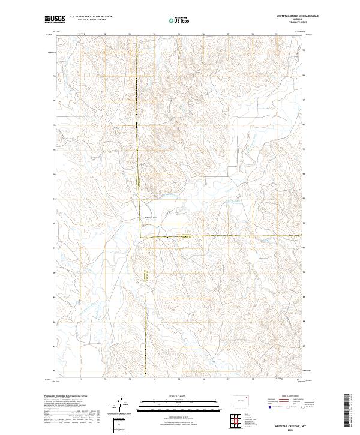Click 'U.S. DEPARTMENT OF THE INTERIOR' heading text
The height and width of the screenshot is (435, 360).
91,17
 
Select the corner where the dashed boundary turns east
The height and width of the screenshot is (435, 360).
142,238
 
